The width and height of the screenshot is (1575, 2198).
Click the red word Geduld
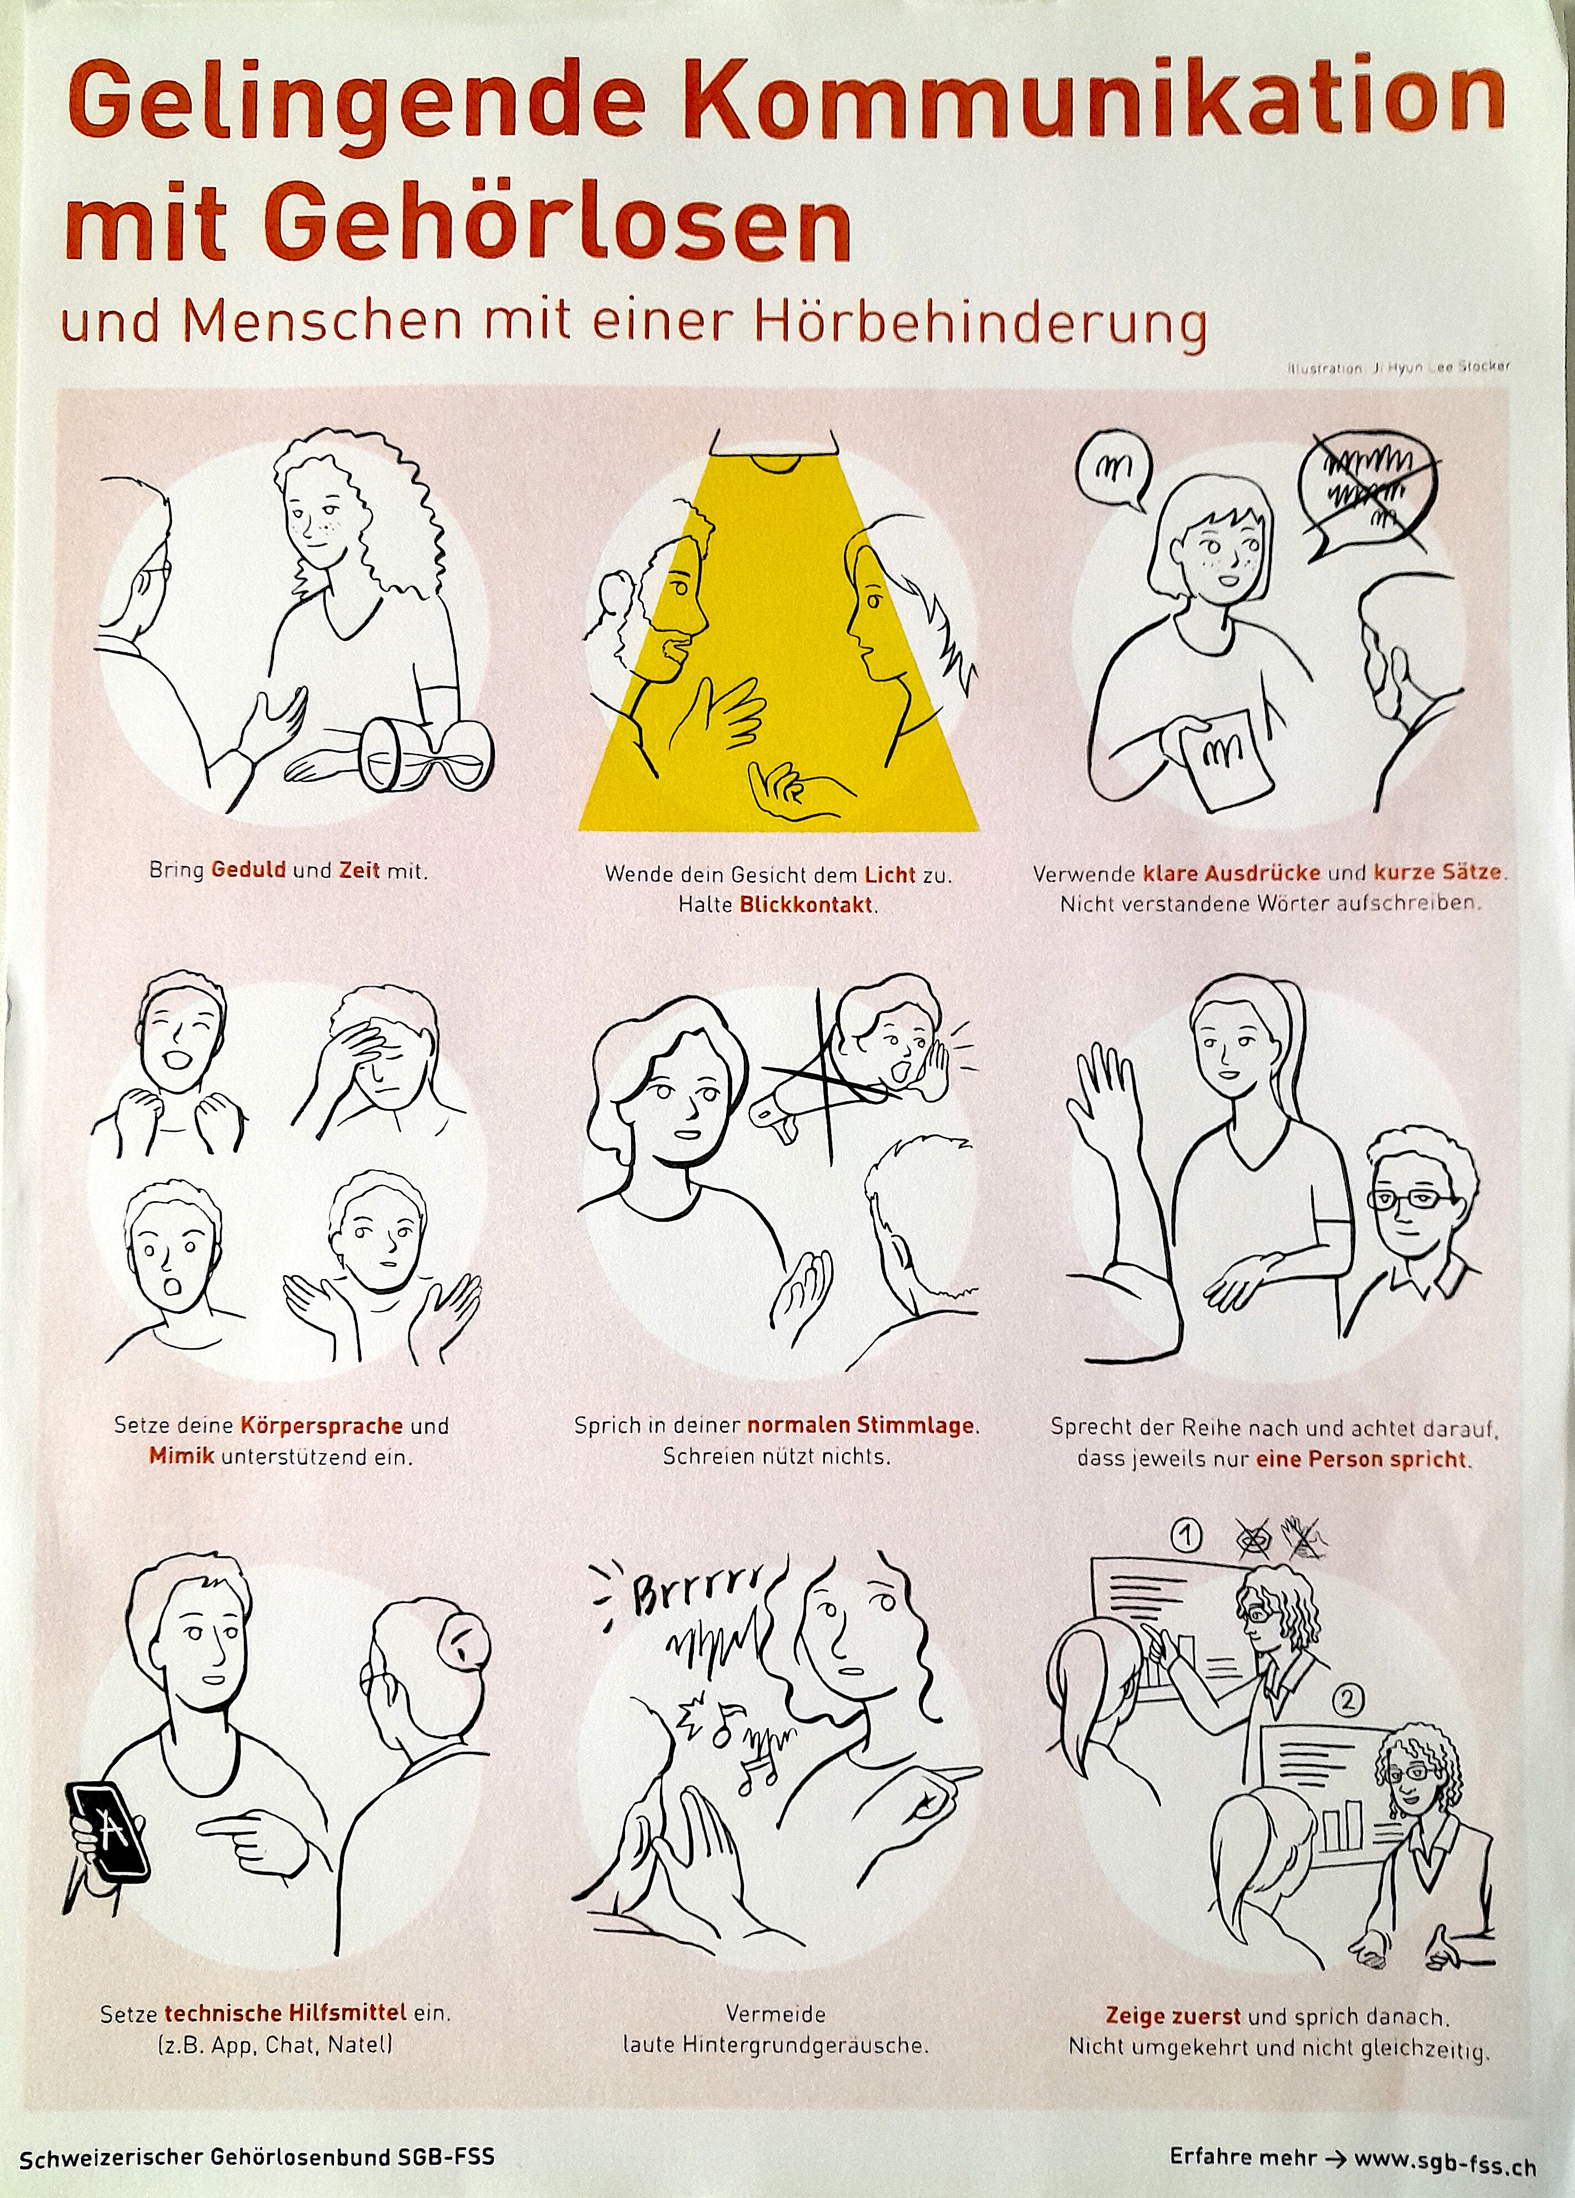[x=248, y=870]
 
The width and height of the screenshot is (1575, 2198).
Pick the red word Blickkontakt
[x=807, y=905]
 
